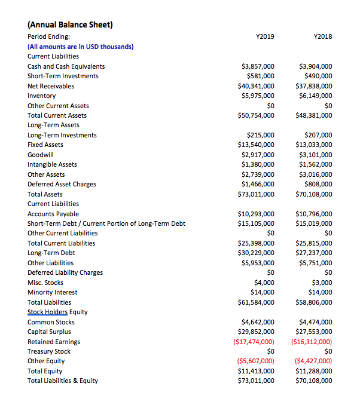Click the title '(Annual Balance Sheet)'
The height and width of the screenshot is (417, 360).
[70, 24]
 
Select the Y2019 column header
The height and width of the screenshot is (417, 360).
[264, 36]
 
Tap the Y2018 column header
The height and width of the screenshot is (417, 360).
[322, 36]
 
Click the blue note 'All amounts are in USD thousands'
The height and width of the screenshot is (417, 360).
[81, 47]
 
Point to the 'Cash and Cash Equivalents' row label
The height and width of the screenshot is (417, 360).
[66, 66]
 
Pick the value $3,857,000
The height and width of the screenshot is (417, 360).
[257, 66]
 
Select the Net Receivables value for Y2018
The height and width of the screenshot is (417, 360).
[314, 86]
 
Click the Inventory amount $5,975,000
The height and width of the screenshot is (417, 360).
[257, 96]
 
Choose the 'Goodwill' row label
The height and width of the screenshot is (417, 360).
[41, 155]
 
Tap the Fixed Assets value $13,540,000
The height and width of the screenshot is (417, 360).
[256, 145]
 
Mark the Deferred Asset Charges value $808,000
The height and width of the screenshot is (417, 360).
[318, 184]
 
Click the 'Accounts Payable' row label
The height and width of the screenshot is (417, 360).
[53, 214]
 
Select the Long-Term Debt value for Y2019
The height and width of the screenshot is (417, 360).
[256, 253]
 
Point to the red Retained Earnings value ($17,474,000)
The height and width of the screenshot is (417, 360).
[254, 342]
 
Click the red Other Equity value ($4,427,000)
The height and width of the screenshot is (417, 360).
[313, 361]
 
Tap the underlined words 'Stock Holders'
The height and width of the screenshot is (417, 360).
[47, 312]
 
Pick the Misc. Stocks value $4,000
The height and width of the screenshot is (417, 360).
[264, 283]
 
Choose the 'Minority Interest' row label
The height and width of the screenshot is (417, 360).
[53, 292]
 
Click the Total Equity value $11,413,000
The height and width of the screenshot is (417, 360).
[256, 371]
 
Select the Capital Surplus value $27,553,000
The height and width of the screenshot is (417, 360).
[314, 332]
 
